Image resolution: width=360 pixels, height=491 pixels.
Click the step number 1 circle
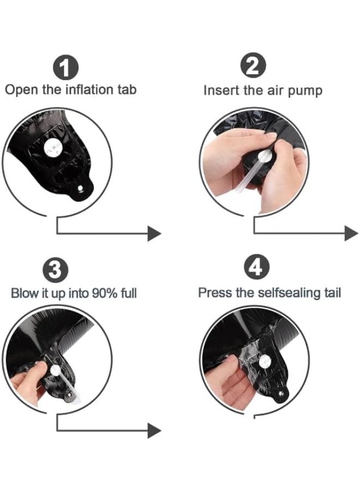[65, 67]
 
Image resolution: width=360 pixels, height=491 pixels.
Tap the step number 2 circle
[253, 65]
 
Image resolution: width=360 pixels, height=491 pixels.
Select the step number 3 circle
[55, 270]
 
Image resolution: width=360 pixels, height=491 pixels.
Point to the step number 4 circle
[256, 267]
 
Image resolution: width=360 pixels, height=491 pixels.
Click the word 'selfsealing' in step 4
[287, 293]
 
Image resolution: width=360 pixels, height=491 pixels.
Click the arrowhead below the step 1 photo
[154, 233]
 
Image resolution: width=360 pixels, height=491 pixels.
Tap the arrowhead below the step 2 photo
[351, 233]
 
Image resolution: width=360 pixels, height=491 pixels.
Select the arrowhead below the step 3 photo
[154, 430]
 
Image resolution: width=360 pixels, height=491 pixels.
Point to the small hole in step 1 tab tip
[80, 188]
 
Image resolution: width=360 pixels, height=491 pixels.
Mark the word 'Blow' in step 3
[25, 294]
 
